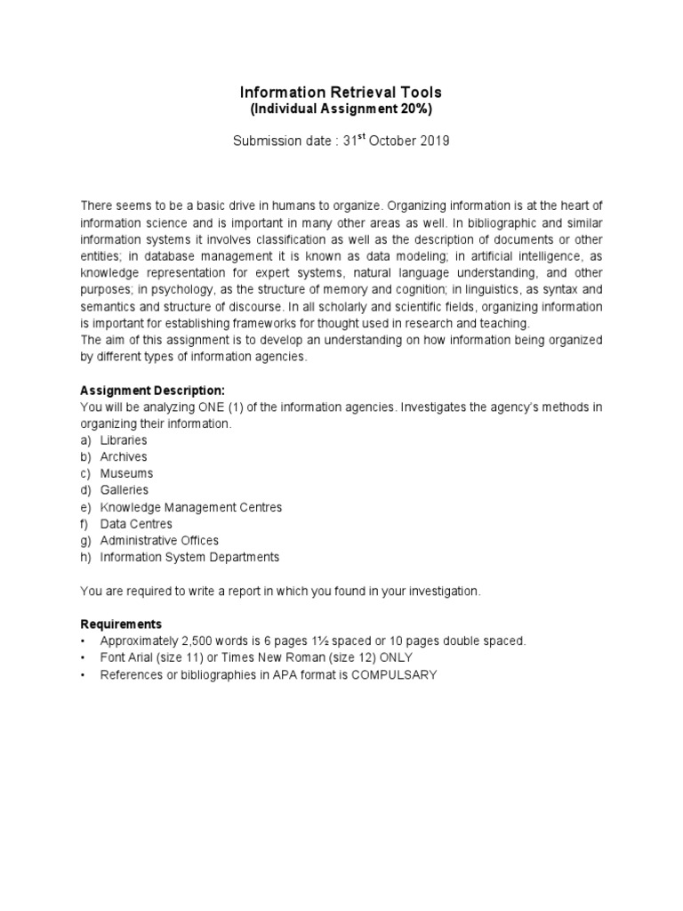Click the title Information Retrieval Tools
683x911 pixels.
(341, 93)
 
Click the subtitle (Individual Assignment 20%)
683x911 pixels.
(341, 109)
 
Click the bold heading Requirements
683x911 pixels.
(121, 624)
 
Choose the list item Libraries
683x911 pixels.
(124, 440)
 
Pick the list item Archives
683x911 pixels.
(124, 457)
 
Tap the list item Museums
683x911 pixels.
(126, 473)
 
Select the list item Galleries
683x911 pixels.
(125, 490)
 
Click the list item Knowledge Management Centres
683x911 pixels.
(191, 507)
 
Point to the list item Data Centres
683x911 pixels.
(136, 524)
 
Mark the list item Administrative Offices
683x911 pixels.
(159, 540)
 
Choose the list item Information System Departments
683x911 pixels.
(189, 557)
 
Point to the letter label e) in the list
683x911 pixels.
(86, 507)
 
